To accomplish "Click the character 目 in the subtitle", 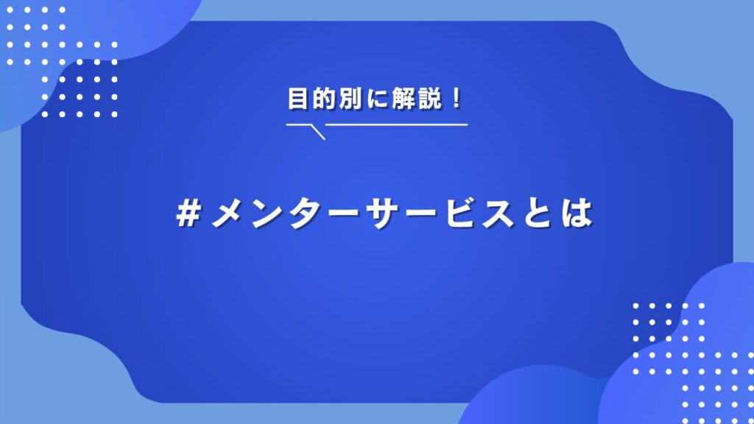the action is pyautogui.click(x=297, y=99).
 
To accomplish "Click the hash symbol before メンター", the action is pyautogui.click(x=188, y=213).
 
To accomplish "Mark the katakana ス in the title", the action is pyautogui.click(x=499, y=213).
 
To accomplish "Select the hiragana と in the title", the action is pyautogui.click(x=538, y=213).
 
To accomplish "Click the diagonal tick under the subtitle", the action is pyautogui.click(x=318, y=132).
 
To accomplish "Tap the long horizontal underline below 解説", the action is pyautogui.click(x=397, y=124).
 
